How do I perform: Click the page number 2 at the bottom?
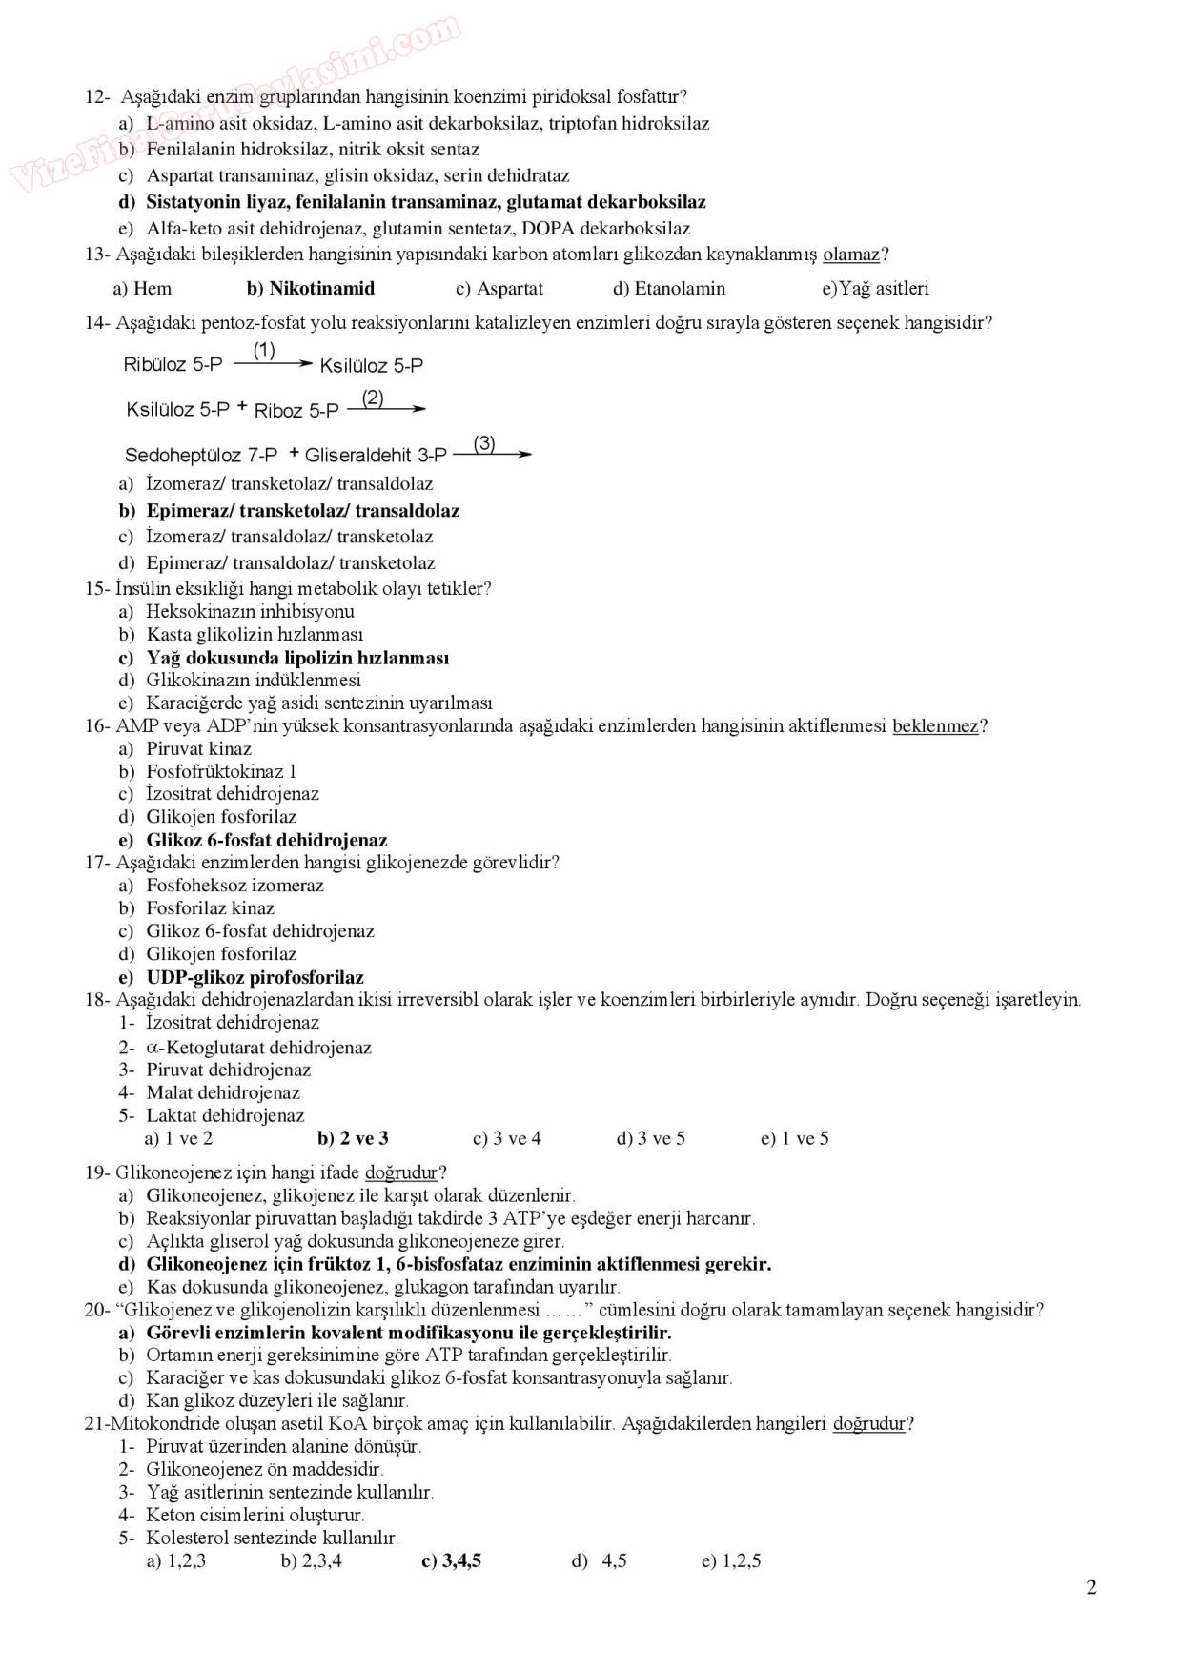[1091, 1587]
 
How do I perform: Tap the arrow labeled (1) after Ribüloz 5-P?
[273, 363]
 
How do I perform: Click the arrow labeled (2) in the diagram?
[386, 409]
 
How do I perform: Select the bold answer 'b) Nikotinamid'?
[311, 289]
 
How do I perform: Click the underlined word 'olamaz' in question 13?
[850, 255]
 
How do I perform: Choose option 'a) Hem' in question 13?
[143, 289]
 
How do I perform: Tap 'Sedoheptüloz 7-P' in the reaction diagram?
[201, 456]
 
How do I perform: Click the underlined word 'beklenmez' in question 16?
[935, 726]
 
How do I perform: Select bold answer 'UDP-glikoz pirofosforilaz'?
[255, 977]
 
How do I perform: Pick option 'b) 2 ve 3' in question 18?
[353, 1138]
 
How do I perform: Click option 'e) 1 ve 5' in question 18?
[794, 1138]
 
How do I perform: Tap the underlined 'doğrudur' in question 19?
[400, 1172]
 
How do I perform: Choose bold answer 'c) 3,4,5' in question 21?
[451, 1561]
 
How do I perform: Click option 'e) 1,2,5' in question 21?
[731, 1561]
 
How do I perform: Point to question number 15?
[96, 589]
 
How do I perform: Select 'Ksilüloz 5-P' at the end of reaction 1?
[372, 366]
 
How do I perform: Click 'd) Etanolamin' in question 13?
[669, 289]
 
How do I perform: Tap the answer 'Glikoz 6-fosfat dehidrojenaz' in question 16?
[266, 841]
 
